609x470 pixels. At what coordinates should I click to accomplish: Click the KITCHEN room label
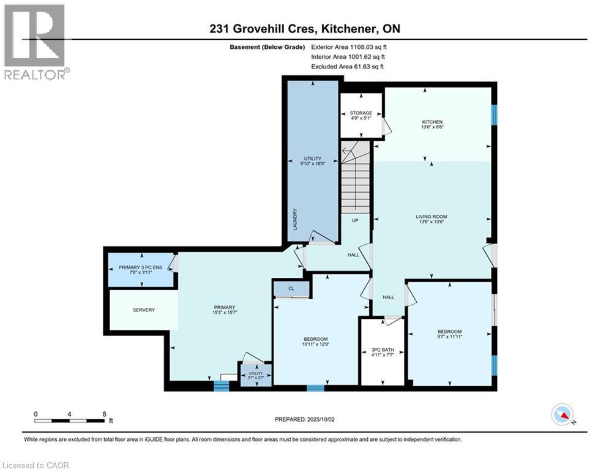click(432, 121)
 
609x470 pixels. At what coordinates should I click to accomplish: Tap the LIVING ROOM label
click(432, 216)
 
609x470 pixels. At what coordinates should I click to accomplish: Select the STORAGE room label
click(361, 113)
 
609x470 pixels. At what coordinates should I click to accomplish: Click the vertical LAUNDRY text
click(295, 219)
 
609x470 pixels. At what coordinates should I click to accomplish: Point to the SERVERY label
click(144, 310)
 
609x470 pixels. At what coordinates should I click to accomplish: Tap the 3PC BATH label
click(383, 351)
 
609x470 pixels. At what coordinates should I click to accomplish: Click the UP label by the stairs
click(354, 220)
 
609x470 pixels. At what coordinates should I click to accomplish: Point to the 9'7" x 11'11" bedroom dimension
click(450, 336)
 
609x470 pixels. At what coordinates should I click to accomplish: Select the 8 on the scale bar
click(103, 414)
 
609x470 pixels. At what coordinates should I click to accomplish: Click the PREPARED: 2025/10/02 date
click(303, 419)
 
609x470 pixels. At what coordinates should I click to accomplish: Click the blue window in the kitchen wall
click(495, 114)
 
